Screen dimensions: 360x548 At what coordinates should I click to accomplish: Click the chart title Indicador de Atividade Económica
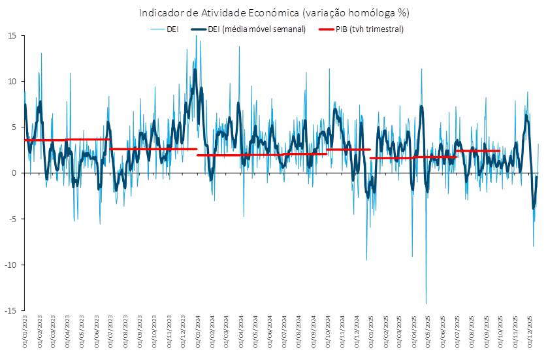tap(274, 12)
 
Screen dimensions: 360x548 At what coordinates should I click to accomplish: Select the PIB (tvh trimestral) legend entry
tap(361, 29)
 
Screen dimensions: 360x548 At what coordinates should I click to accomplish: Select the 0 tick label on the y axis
tap(14, 173)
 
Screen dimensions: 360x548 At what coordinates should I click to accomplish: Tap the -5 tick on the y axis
tap(12, 219)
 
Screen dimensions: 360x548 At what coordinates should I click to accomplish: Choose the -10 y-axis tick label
tap(10, 265)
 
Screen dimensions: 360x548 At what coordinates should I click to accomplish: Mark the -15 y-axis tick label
tap(10, 310)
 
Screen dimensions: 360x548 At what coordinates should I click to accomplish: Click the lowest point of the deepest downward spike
tap(426, 303)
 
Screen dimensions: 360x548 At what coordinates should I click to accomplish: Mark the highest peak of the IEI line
tap(196, 36)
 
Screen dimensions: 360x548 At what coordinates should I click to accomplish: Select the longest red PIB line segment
tap(261, 155)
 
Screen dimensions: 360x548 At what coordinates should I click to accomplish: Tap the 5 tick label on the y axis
tap(14, 127)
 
